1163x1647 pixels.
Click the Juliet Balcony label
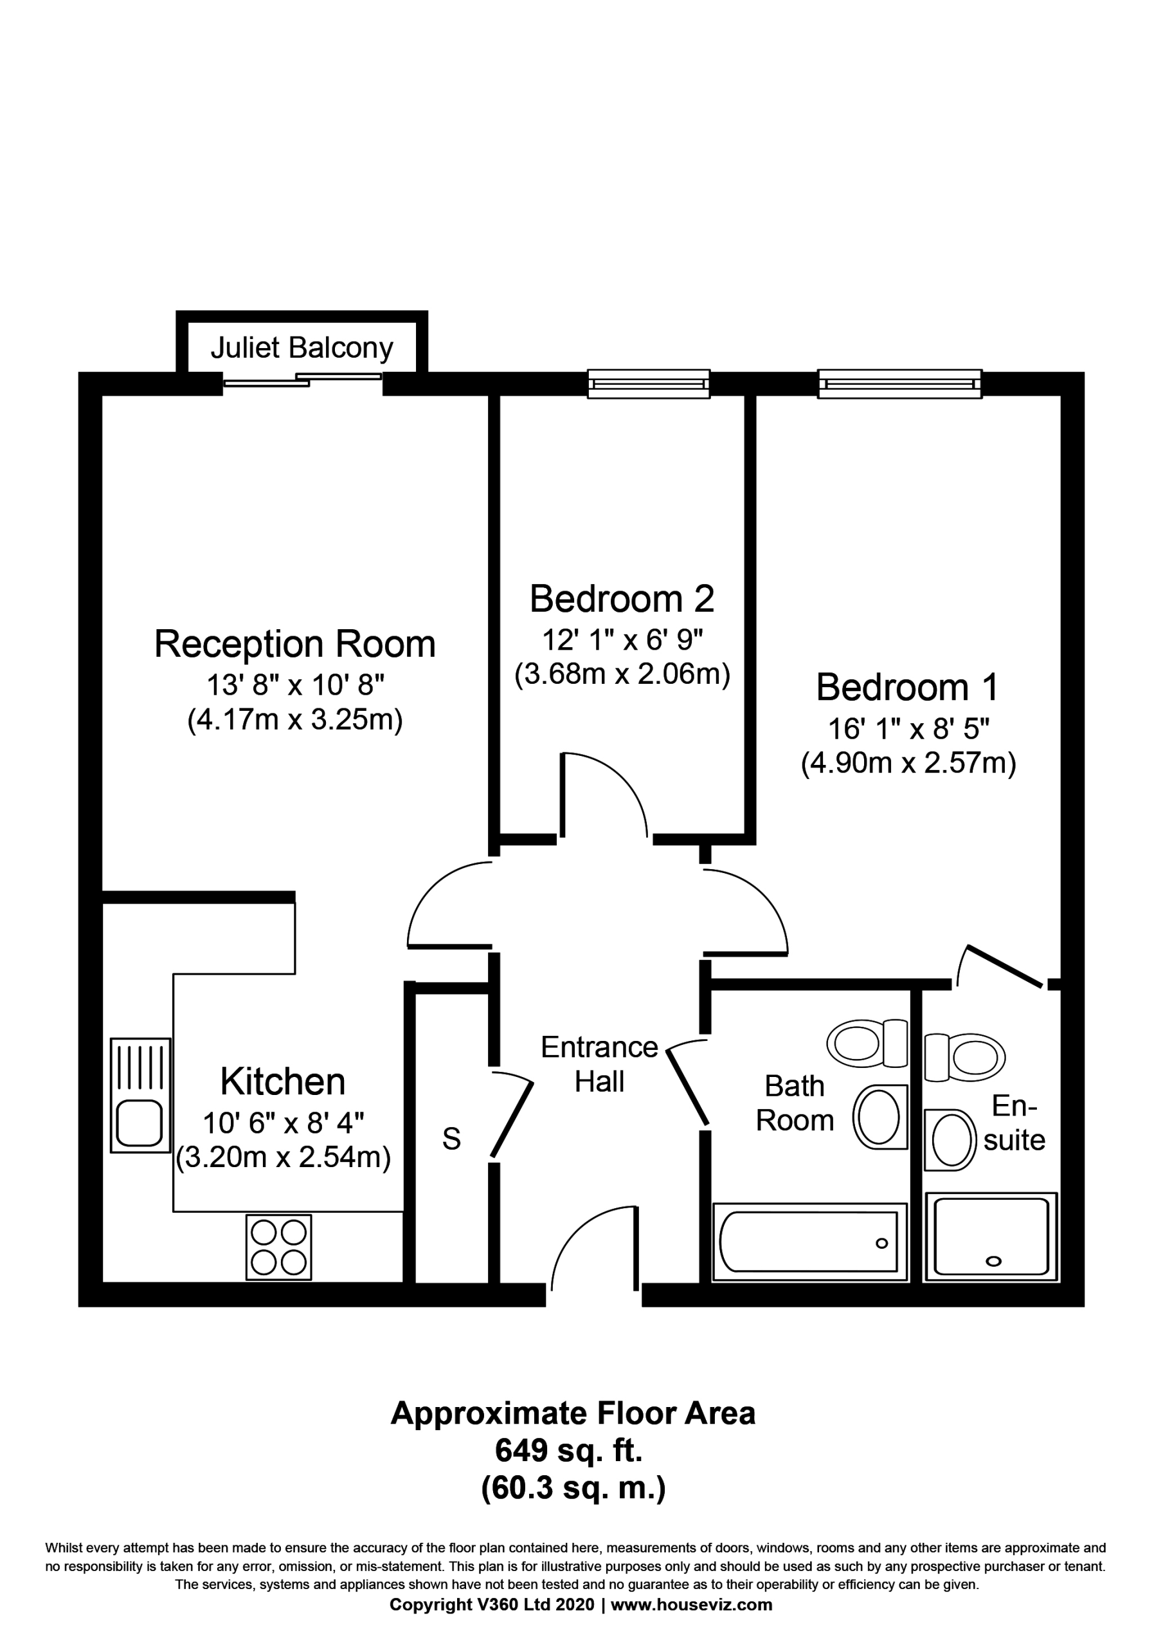[302, 348]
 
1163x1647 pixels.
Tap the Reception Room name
[294, 643]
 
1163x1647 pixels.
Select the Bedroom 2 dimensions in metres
[622, 674]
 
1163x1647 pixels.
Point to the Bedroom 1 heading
[907, 686]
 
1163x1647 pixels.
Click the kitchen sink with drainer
[141, 1096]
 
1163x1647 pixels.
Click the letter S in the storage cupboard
[451, 1138]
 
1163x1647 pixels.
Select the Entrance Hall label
[599, 1065]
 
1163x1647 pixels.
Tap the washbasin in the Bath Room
[879, 1117]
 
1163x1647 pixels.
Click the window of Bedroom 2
[649, 384]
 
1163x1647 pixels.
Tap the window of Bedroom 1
[900, 384]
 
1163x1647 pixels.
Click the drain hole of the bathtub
[881, 1243]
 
